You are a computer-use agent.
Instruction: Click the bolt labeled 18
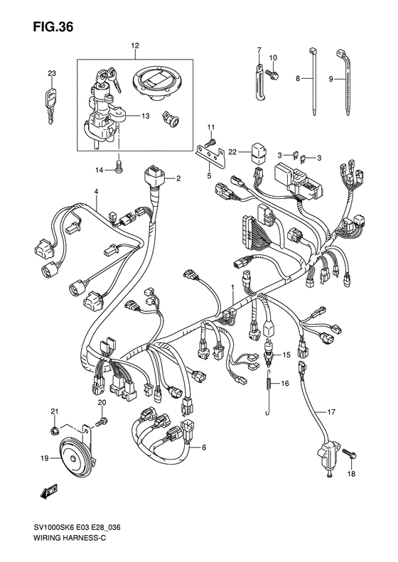click(x=352, y=453)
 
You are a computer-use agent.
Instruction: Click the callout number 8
click(x=298, y=79)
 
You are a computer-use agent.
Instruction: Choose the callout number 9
click(x=332, y=79)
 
